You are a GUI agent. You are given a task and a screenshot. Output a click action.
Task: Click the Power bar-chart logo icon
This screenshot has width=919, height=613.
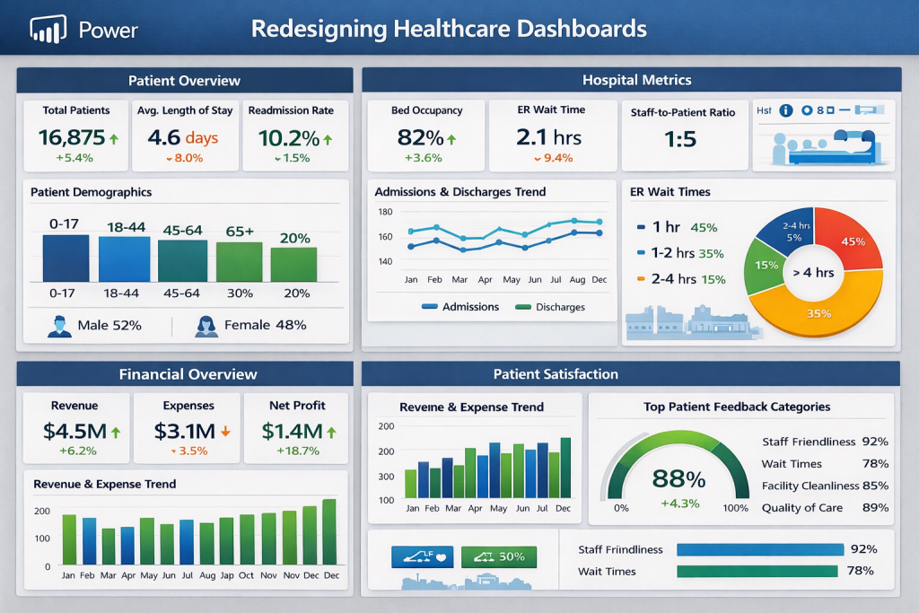(x=49, y=30)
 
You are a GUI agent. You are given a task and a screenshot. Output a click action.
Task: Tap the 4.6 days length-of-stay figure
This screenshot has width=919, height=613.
(x=183, y=138)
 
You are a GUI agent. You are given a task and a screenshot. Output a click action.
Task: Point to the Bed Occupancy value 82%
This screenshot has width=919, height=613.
(x=419, y=138)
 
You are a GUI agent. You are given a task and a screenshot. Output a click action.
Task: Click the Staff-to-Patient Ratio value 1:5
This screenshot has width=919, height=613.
(x=683, y=141)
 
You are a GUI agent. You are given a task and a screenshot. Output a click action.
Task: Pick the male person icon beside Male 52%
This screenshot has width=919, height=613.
(x=59, y=326)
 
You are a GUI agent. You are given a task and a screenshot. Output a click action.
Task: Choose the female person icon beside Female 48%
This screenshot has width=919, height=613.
(x=206, y=326)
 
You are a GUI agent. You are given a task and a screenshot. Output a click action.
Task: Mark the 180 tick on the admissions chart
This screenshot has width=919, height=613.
(x=386, y=212)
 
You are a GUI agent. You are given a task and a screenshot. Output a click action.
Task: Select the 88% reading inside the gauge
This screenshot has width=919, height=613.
(x=678, y=478)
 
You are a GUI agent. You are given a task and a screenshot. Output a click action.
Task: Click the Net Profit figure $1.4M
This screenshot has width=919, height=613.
(x=292, y=431)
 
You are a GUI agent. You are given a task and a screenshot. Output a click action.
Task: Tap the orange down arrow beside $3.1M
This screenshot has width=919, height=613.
(x=225, y=432)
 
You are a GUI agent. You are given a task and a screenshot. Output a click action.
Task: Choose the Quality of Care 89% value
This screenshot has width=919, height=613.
(x=874, y=508)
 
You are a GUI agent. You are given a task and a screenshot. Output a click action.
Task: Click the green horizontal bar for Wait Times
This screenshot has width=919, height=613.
(x=756, y=572)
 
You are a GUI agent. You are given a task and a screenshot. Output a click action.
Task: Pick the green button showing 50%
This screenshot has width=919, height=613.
(x=498, y=556)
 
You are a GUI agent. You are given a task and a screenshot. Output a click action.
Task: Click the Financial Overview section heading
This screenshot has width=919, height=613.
(x=188, y=374)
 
